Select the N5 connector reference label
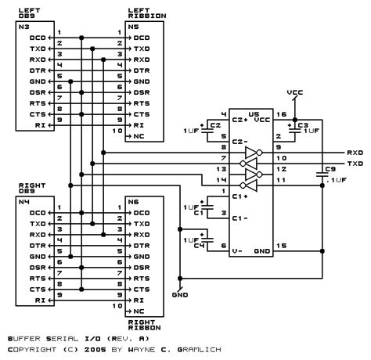click(x=133, y=26)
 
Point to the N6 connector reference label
click(x=133, y=201)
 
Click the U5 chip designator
click(x=251, y=113)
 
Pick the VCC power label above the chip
click(x=295, y=92)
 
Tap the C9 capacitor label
click(x=330, y=168)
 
